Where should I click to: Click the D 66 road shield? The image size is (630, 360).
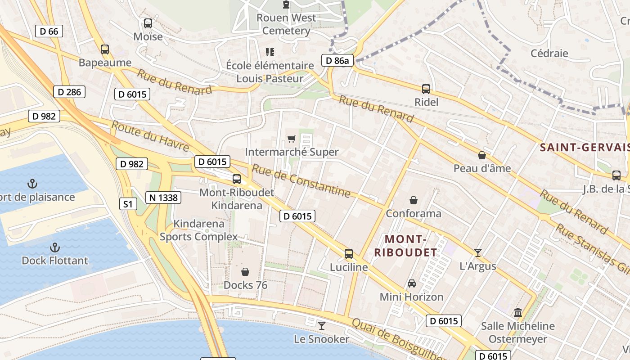(x=49, y=31)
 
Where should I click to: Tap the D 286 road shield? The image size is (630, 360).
(x=70, y=92)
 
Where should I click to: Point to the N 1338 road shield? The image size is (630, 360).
(x=163, y=197)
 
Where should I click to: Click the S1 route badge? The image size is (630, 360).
(x=128, y=204)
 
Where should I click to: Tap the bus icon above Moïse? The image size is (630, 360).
(x=148, y=23)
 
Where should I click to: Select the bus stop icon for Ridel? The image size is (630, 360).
(x=426, y=89)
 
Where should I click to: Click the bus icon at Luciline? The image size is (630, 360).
(x=349, y=254)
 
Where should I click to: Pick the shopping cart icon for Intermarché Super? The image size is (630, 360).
(x=292, y=139)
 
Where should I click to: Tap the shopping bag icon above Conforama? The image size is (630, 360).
(x=414, y=200)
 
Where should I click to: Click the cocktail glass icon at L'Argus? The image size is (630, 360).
(x=478, y=253)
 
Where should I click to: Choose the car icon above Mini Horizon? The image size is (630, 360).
(x=412, y=283)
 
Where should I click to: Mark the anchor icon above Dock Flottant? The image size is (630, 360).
(x=55, y=247)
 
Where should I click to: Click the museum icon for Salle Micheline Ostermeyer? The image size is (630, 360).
(x=518, y=312)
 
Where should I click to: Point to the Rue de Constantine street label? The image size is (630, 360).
(x=301, y=180)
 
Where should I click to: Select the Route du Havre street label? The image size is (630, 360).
(x=150, y=136)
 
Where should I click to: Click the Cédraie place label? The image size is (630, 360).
(x=549, y=53)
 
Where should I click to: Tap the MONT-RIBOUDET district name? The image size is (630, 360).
(x=405, y=245)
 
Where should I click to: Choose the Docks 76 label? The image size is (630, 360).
(x=245, y=285)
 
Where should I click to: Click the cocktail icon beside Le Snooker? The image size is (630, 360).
(x=322, y=325)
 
